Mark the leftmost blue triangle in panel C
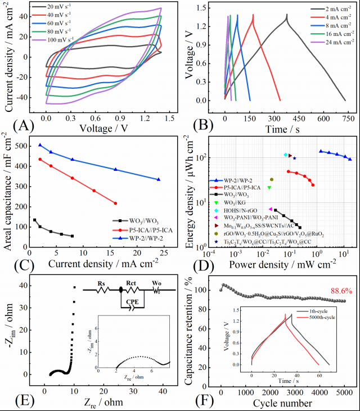40,145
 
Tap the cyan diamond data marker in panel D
286,155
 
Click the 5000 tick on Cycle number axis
344,391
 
